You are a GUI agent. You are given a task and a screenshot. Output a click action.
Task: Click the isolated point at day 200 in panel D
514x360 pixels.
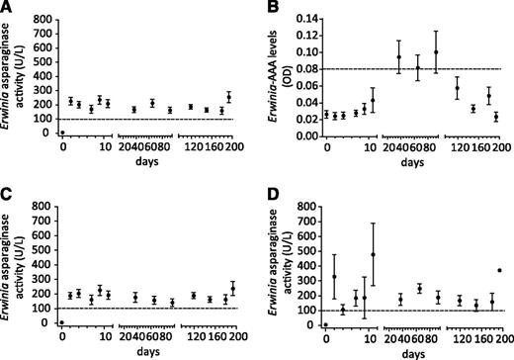click(x=500, y=270)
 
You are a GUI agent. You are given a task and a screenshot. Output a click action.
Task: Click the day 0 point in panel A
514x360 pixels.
click(x=61, y=133)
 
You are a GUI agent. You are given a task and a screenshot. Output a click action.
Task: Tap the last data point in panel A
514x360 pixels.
click(x=228, y=97)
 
